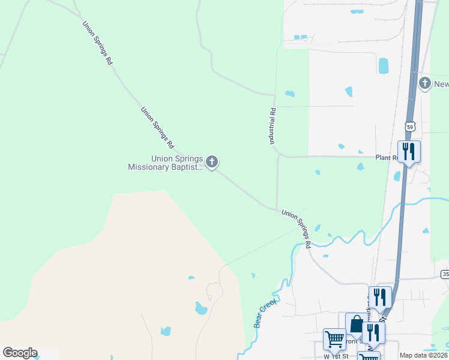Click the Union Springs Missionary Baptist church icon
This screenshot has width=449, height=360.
pyautogui.click(x=211, y=161)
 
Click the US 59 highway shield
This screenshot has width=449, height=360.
pyautogui.click(x=409, y=127)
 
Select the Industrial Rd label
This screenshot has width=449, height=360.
pyautogui.click(x=272, y=125)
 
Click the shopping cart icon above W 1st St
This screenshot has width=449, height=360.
pyautogui.click(x=334, y=338)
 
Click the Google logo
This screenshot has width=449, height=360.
pyautogui.click(x=20, y=353)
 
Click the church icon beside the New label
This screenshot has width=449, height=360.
pyautogui.click(x=425, y=83)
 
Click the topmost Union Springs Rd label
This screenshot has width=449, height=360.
pyautogui.click(x=97, y=43)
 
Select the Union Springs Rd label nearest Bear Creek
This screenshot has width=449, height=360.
pyautogui.click(x=296, y=228)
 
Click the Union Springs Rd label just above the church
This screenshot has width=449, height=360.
pyautogui.click(x=157, y=128)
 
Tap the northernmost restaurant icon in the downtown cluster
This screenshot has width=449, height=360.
pyautogui.click(x=379, y=296)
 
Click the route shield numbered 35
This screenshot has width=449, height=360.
pyautogui.click(x=445, y=274)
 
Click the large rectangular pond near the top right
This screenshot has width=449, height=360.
pyautogui.click(x=383, y=65)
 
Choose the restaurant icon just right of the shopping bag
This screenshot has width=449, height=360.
pyautogui.click(x=373, y=332)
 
